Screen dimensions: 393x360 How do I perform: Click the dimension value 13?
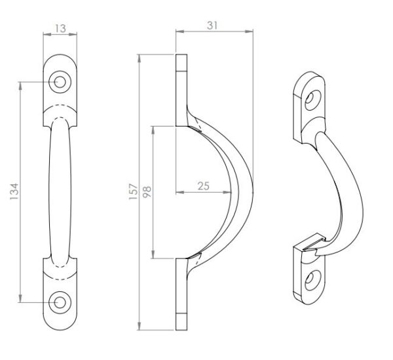point(60,28)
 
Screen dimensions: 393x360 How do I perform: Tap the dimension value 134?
point(14,191)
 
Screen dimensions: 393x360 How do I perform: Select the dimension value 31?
point(212,26)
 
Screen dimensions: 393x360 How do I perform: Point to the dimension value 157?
point(134,191)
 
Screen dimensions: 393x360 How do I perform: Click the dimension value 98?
point(147,192)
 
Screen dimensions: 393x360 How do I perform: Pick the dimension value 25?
point(203,186)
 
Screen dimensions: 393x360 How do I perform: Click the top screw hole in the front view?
point(60,82)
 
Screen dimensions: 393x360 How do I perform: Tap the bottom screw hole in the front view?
point(60,302)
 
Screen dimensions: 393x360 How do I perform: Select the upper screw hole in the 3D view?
point(313,100)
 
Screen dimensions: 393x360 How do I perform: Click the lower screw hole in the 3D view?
point(313,280)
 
